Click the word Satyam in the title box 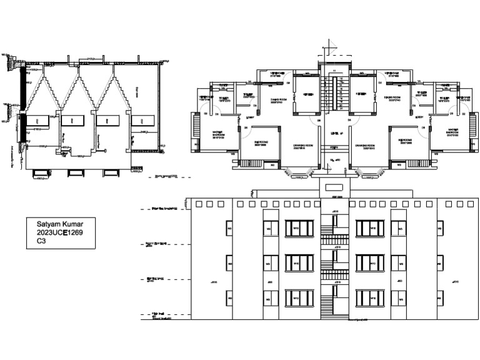pos(49,223)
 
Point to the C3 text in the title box pos(41,241)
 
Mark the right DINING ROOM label pos(392,98)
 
